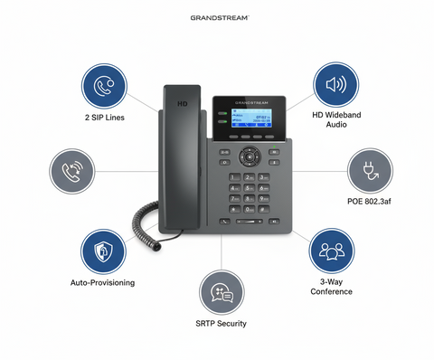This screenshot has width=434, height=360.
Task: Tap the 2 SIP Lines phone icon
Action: [x=105, y=86]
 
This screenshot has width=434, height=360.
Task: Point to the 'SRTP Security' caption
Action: [x=221, y=323]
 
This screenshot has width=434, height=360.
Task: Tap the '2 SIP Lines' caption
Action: [x=105, y=118]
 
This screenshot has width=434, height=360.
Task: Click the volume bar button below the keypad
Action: [x=248, y=221]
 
